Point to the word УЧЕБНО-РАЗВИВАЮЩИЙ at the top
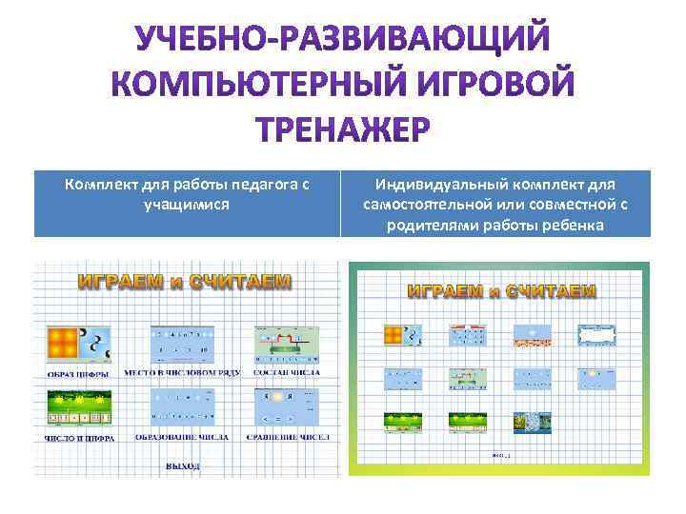[x=342, y=41]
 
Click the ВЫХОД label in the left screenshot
[x=183, y=466]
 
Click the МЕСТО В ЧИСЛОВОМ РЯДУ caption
[x=183, y=372]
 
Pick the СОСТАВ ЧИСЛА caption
[x=286, y=372]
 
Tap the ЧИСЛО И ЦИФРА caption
[x=80, y=438]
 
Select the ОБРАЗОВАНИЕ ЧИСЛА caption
[x=183, y=438]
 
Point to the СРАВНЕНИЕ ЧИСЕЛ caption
[x=286, y=438]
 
